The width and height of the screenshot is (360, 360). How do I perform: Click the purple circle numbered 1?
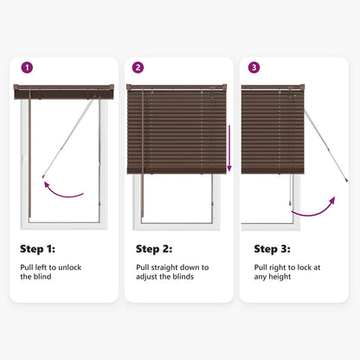[x=27, y=67]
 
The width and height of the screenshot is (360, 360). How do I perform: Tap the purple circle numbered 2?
[x=138, y=67]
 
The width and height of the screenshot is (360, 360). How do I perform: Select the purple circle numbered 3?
[x=254, y=67]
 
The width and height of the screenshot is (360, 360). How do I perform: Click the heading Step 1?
[x=37, y=249]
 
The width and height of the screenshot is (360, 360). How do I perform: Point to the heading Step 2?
[x=153, y=249]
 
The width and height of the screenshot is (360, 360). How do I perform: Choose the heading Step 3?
[x=272, y=249]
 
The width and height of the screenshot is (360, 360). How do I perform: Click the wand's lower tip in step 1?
[x=42, y=177]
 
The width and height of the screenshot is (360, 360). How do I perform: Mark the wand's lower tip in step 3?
[x=345, y=181]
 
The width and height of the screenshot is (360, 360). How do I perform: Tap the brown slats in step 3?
[x=272, y=130]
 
